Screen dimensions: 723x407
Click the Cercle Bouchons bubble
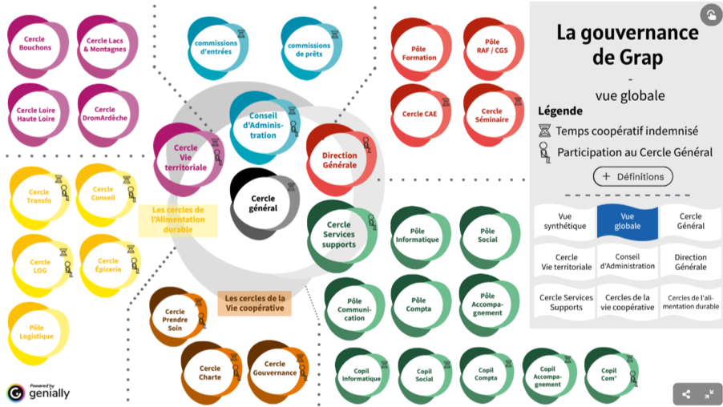click(34, 43)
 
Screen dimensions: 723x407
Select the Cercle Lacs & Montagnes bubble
click(104, 43)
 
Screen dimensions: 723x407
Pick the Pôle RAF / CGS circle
click(491, 45)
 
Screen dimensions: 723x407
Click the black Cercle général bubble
click(263, 203)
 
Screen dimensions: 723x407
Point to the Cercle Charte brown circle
click(210, 373)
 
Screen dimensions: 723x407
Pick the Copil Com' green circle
click(609, 374)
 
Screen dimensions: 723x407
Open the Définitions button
click(632, 176)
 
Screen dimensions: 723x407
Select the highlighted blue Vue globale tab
click(628, 221)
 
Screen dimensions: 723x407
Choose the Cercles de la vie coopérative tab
click(628, 302)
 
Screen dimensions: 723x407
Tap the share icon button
click(685, 393)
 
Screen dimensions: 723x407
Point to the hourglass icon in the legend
click(544, 131)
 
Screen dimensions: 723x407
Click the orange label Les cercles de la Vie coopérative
click(254, 302)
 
